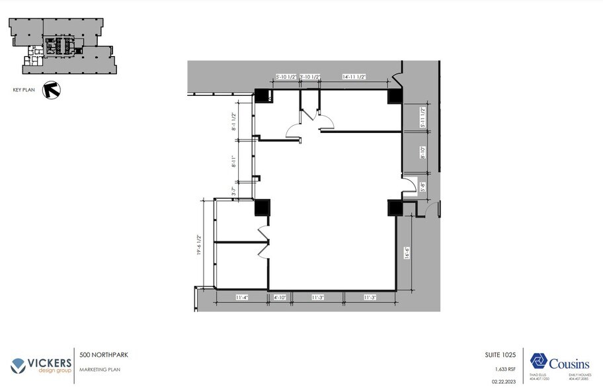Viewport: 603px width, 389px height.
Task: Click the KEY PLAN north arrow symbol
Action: [51, 89]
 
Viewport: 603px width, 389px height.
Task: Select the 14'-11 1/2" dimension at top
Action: [354, 77]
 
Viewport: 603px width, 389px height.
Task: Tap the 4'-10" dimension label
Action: [280, 298]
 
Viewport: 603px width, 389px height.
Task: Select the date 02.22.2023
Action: [504, 380]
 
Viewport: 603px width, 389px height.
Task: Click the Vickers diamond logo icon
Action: [18, 365]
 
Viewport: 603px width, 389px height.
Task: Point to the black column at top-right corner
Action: [395, 96]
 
